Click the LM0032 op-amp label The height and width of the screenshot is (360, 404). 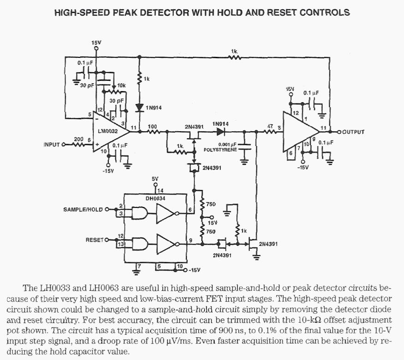(x=108, y=131)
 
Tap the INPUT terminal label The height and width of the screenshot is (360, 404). (x=52, y=145)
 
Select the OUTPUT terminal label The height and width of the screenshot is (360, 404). (x=353, y=132)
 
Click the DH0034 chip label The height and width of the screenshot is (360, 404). (x=155, y=198)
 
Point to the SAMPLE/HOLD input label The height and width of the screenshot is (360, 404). (x=83, y=209)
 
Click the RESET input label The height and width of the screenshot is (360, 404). (x=94, y=240)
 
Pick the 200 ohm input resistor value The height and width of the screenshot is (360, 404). (x=78, y=139)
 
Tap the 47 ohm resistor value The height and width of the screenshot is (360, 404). (x=270, y=127)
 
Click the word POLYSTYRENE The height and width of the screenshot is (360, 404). (x=220, y=150)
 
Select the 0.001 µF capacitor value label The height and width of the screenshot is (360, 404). (x=227, y=144)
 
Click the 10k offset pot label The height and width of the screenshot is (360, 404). (x=121, y=85)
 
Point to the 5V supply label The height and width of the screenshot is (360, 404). (x=155, y=179)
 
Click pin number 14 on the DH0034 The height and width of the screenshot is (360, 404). (x=160, y=190)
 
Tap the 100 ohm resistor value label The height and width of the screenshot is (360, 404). (x=152, y=127)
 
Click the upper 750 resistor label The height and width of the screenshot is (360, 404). (x=211, y=204)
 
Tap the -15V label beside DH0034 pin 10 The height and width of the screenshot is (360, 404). (x=194, y=270)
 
